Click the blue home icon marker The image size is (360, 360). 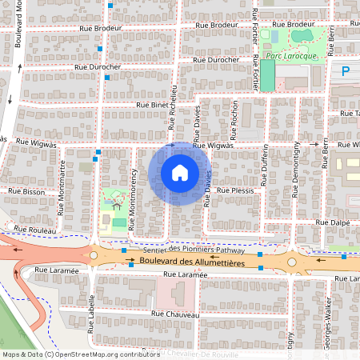[x=179, y=173]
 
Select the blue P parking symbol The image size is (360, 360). [x=346, y=71]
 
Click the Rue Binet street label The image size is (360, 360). [x=152, y=104]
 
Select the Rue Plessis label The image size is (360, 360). [x=235, y=191]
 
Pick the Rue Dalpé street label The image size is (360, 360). [x=332, y=222]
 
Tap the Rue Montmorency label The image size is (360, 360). [x=126, y=198]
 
